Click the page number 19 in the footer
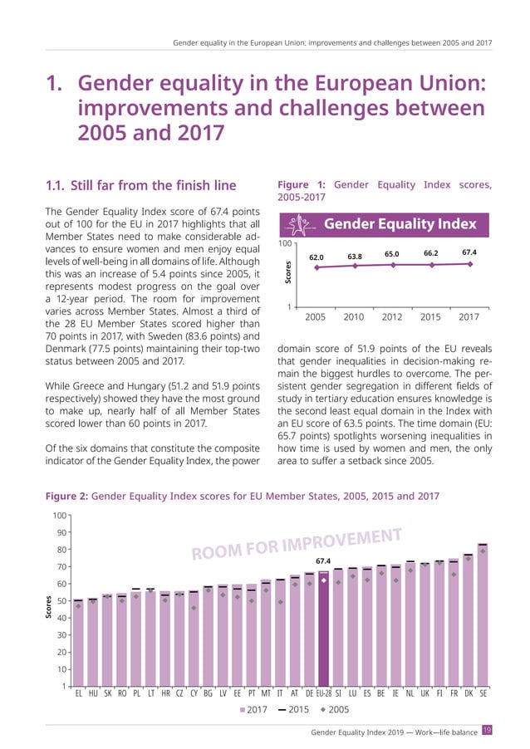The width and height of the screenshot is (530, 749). tap(488, 730)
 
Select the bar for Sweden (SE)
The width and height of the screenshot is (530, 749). tap(483, 615)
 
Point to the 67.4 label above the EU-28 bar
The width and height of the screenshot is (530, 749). tap(324, 561)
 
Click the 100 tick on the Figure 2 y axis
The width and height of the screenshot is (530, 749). tap(58, 516)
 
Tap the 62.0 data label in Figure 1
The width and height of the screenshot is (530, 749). tap(317, 257)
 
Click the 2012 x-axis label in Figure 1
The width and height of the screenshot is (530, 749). tap(392, 316)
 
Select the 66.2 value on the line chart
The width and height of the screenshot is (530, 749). tap(431, 253)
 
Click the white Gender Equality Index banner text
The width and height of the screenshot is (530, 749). tap(400, 224)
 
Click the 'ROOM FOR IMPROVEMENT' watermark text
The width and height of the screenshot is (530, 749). tap(297, 546)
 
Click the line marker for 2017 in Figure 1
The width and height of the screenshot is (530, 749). tap(470, 264)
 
